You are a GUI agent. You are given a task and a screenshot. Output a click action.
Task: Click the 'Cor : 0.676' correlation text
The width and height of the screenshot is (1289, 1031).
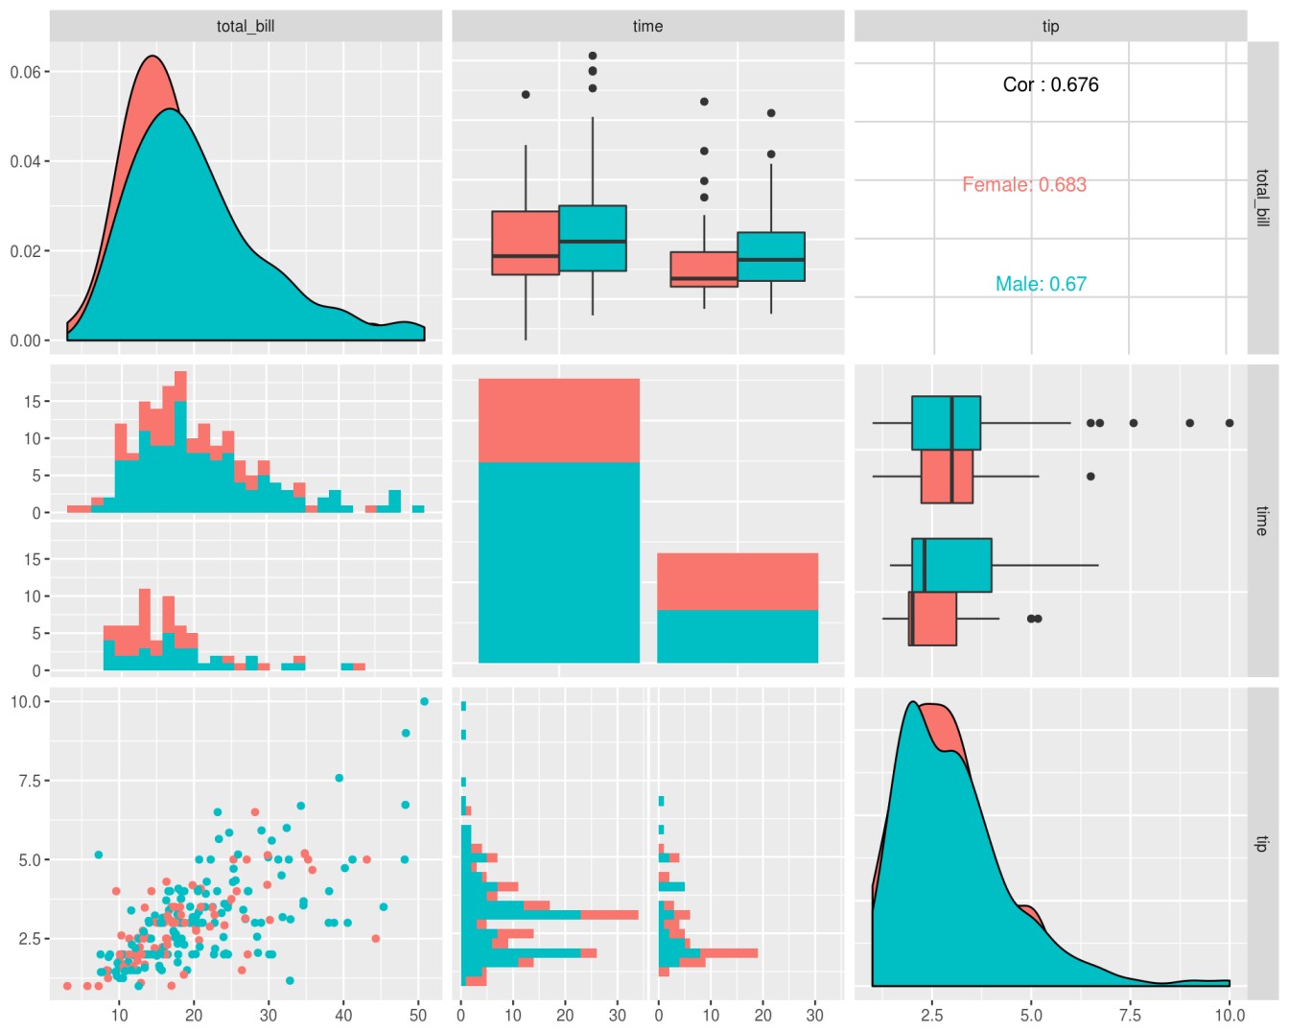tap(1050, 84)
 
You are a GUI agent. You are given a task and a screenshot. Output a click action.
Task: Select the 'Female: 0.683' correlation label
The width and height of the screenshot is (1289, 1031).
tap(1024, 184)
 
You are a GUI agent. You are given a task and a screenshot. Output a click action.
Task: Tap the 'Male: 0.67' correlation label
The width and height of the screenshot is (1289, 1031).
tap(1041, 284)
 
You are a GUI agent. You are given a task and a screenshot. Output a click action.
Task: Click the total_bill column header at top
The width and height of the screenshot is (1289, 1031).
tap(246, 26)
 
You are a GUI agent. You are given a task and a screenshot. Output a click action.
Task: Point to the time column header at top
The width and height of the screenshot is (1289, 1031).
tap(647, 26)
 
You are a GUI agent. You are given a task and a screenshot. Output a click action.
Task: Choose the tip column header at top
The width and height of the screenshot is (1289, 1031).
tap(1050, 26)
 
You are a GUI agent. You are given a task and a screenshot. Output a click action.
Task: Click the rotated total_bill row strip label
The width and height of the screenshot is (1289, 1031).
tap(1262, 198)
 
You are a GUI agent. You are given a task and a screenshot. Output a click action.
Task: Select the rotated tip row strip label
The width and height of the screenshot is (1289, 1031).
tap(1262, 844)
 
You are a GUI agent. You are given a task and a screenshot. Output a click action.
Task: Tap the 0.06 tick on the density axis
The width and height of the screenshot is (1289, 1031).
tap(26, 72)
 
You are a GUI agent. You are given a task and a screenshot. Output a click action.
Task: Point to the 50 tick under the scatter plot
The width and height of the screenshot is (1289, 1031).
tap(418, 1015)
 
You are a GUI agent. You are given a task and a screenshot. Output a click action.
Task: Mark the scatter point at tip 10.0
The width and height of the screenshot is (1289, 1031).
tap(424, 701)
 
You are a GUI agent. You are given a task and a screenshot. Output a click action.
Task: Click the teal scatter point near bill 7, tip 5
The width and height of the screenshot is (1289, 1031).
tap(98, 855)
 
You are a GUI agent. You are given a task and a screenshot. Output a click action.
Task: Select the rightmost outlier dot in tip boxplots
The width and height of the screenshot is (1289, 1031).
tap(1230, 423)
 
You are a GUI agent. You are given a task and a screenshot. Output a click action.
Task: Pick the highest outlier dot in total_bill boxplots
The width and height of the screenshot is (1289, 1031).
tap(593, 56)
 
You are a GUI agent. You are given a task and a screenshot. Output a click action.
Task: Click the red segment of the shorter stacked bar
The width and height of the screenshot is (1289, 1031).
tap(738, 581)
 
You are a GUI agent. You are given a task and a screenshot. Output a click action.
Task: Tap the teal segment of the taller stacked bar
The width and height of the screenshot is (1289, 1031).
tap(559, 562)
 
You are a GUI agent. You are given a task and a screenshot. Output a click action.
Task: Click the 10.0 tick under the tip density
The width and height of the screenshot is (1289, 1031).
tap(1230, 1015)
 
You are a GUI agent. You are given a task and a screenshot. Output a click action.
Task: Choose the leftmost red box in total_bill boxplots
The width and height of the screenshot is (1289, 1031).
tap(526, 243)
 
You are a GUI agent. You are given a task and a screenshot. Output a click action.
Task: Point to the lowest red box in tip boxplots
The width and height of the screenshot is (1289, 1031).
tap(933, 619)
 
